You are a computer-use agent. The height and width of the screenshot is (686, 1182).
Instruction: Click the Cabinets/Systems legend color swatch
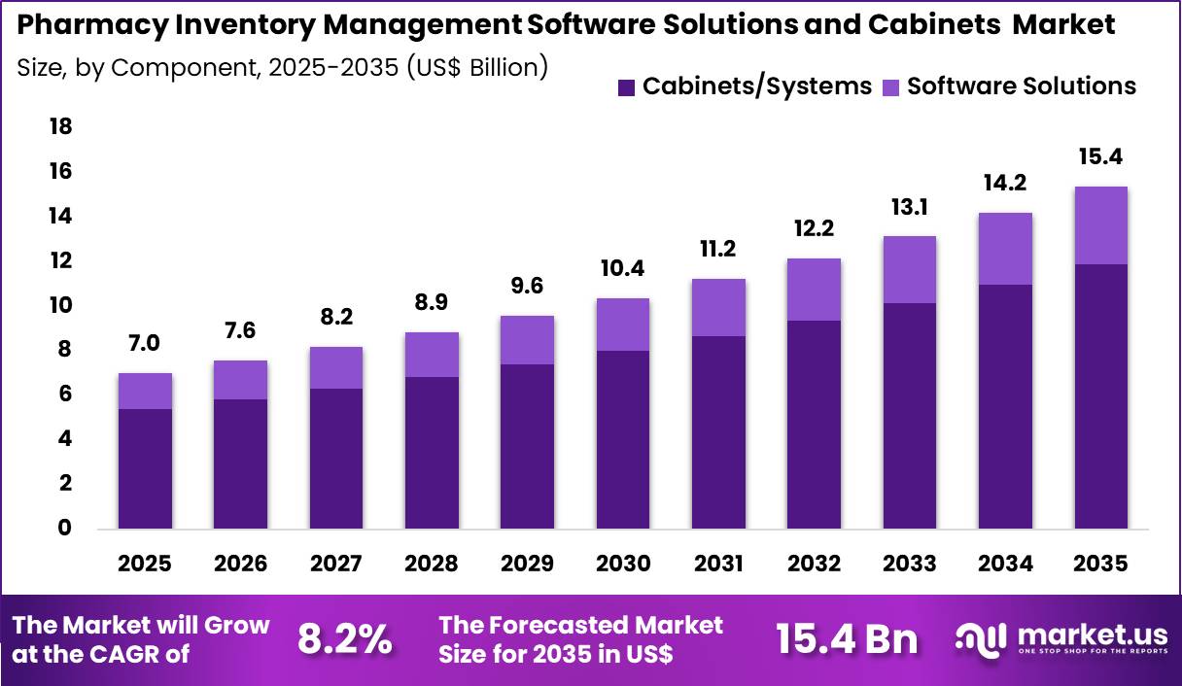(x=627, y=86)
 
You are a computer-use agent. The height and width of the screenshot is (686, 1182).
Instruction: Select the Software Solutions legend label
(x=1021, y=86)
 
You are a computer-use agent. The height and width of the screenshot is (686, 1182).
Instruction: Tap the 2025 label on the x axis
(x=145, y=565)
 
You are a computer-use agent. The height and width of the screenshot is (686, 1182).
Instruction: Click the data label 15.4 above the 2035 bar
(x=1099, y=156)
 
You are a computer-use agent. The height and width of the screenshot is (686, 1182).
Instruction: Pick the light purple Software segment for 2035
(x=1100, y=225)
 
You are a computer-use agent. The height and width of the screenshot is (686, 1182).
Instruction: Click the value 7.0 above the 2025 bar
(x=145, y=344)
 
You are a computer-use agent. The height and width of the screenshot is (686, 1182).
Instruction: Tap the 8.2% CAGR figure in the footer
(x=344, y=639)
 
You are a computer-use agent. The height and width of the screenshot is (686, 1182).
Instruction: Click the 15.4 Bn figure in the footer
(x=846, y=639)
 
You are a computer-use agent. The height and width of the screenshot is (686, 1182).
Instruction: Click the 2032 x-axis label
(x=813, y=565)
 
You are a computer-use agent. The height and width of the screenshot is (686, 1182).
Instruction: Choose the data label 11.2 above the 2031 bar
(x=717, y=250)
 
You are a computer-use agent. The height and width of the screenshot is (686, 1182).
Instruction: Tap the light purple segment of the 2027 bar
(x=335, y=367)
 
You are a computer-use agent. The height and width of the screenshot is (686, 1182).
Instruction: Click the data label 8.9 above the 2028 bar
(x=432, y=303)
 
